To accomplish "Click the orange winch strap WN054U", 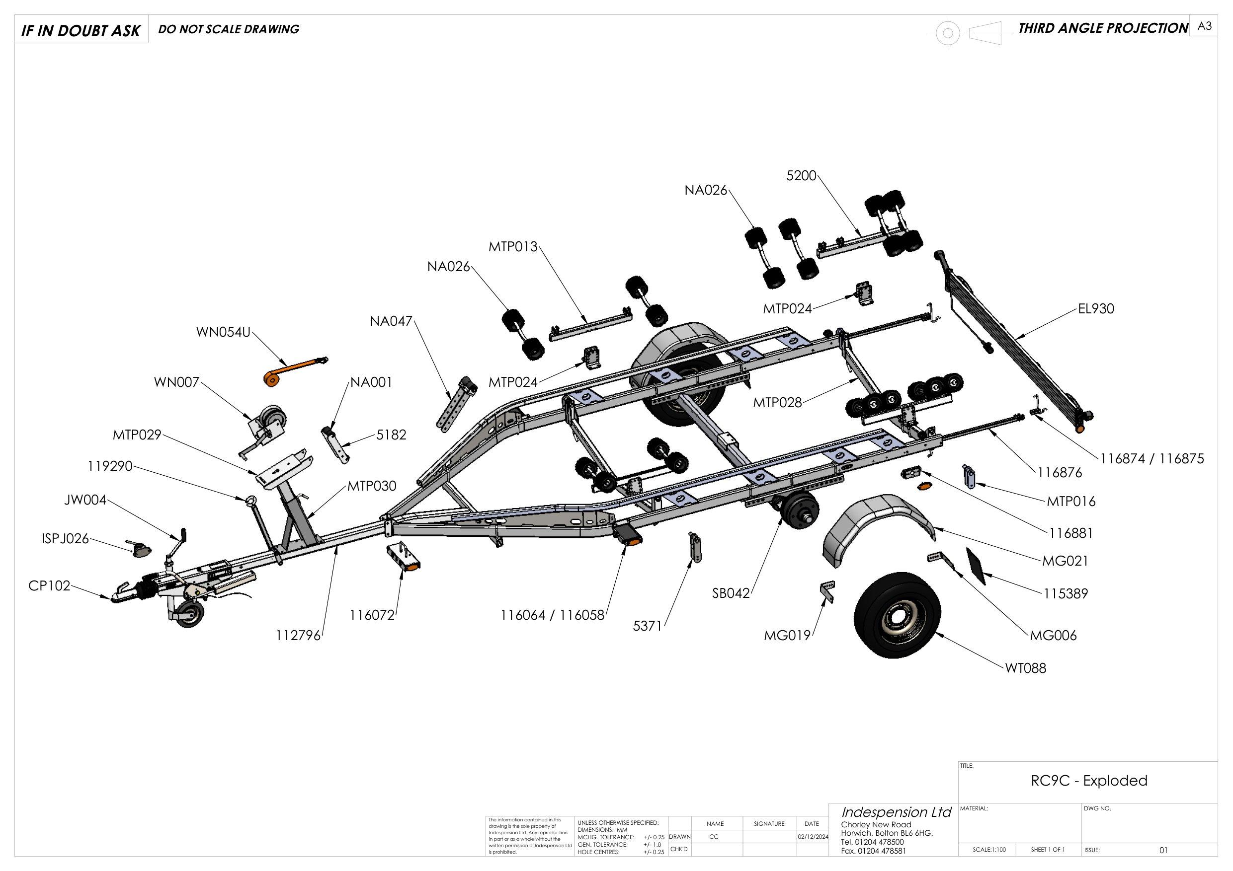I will click(293, 371).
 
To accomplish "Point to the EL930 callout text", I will click(1095, 308).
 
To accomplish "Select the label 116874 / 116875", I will click(1152, 459).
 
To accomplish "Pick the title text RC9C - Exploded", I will click(1088, 780).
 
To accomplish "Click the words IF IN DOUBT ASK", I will click(81, 31).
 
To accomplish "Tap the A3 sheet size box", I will click(1204, 26).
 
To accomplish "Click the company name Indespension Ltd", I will click(896, 812).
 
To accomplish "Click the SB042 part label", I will click(731, 593).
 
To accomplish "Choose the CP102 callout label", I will click(49, 585).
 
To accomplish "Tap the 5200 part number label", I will click(801, 176).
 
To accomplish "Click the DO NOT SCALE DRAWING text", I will click(229, 29).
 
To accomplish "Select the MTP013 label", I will click(512, 247).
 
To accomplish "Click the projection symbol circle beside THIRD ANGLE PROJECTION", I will click(948, 33).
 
